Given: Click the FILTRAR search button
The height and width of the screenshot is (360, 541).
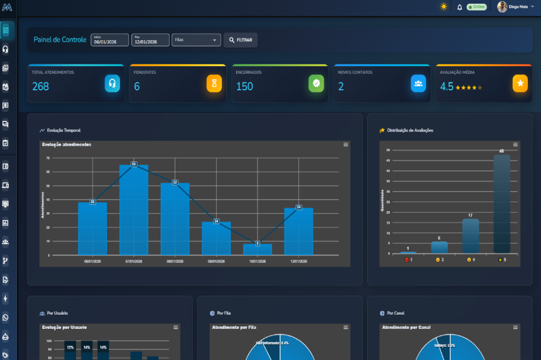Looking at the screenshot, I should pos(240,40).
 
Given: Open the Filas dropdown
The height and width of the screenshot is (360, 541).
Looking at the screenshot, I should pos(196,40).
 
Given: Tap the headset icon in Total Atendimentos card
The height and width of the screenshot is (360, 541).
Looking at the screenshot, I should pos(112,83).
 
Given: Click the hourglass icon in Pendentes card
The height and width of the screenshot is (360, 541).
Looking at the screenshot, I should pos(214,83).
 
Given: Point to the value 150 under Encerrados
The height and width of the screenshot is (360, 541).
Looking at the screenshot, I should pos(244,87).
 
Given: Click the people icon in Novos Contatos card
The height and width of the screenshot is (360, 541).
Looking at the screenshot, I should pos(418,83).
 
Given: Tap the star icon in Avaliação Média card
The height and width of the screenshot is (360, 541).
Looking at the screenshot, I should pos(520,83).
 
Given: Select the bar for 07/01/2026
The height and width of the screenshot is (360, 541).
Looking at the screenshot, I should pos(134,211).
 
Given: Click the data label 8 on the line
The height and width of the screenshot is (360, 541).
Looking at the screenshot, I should pos(257,243).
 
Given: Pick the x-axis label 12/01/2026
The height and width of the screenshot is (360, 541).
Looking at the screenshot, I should pos(299,261).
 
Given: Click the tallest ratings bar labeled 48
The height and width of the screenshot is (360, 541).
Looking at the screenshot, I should pos(501,203).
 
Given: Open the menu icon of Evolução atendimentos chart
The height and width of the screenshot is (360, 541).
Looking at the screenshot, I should pos(346,145).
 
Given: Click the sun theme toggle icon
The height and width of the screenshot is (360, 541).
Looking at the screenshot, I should pos(443,7).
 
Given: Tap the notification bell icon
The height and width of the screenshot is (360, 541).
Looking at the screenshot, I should pos(460,7).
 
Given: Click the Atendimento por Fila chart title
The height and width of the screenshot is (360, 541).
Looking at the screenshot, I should pos(234,327).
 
